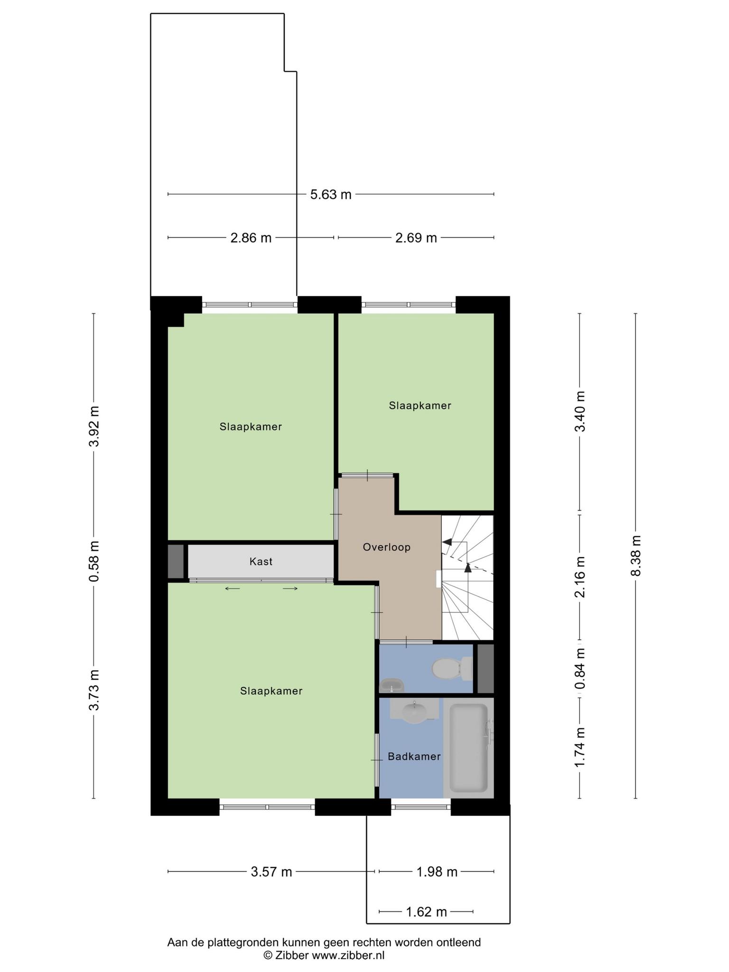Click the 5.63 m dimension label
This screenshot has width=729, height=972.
tap(331, 195)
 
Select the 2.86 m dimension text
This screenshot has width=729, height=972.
tap(251, 238)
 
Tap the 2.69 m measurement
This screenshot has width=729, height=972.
tap(416, 238)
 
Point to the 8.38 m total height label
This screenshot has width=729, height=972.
tap(636, 556)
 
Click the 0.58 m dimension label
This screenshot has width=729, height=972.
tap(94, 561)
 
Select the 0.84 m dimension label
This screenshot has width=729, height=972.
tap(580, 669)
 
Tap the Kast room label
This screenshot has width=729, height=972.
tap(261, 562)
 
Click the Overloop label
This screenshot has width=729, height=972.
tap(387, 547)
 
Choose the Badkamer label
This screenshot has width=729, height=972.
tap(414, 757)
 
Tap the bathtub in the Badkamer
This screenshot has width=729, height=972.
tap(469, 748)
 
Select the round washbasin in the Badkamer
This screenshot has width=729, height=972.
tap(415, 713)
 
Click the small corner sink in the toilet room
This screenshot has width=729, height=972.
tap(392, 685)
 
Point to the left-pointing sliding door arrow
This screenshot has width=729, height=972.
tap(233, 589)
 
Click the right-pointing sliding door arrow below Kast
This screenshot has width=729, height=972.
tap(290, 589)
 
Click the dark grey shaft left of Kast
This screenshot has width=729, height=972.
tap(176, 562)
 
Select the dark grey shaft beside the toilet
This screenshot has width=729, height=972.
tap(486, 668)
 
